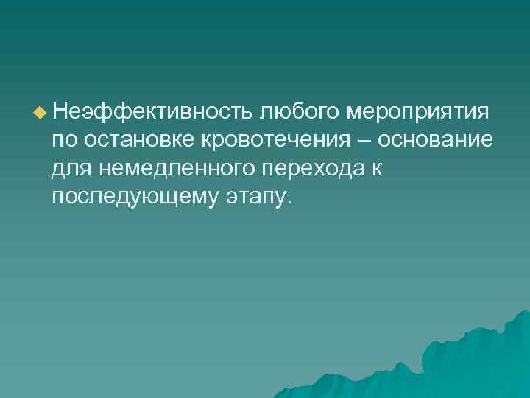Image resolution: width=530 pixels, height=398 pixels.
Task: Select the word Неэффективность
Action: click(x=152, y=113)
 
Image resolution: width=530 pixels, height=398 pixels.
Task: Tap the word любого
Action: click(x=298, y=113)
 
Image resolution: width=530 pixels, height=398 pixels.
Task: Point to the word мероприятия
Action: click(x=417, y=114)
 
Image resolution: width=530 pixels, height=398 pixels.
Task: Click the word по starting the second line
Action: click(x=64, y=141)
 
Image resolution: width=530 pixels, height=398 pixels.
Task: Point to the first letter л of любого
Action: click(x=264, y=113)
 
